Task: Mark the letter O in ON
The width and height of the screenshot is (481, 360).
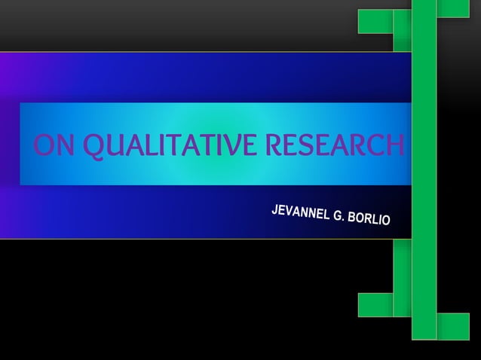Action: [44, 145]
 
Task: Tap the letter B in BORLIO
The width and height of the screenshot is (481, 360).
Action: [354, 218]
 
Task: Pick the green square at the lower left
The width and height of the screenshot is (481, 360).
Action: [375, 304]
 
